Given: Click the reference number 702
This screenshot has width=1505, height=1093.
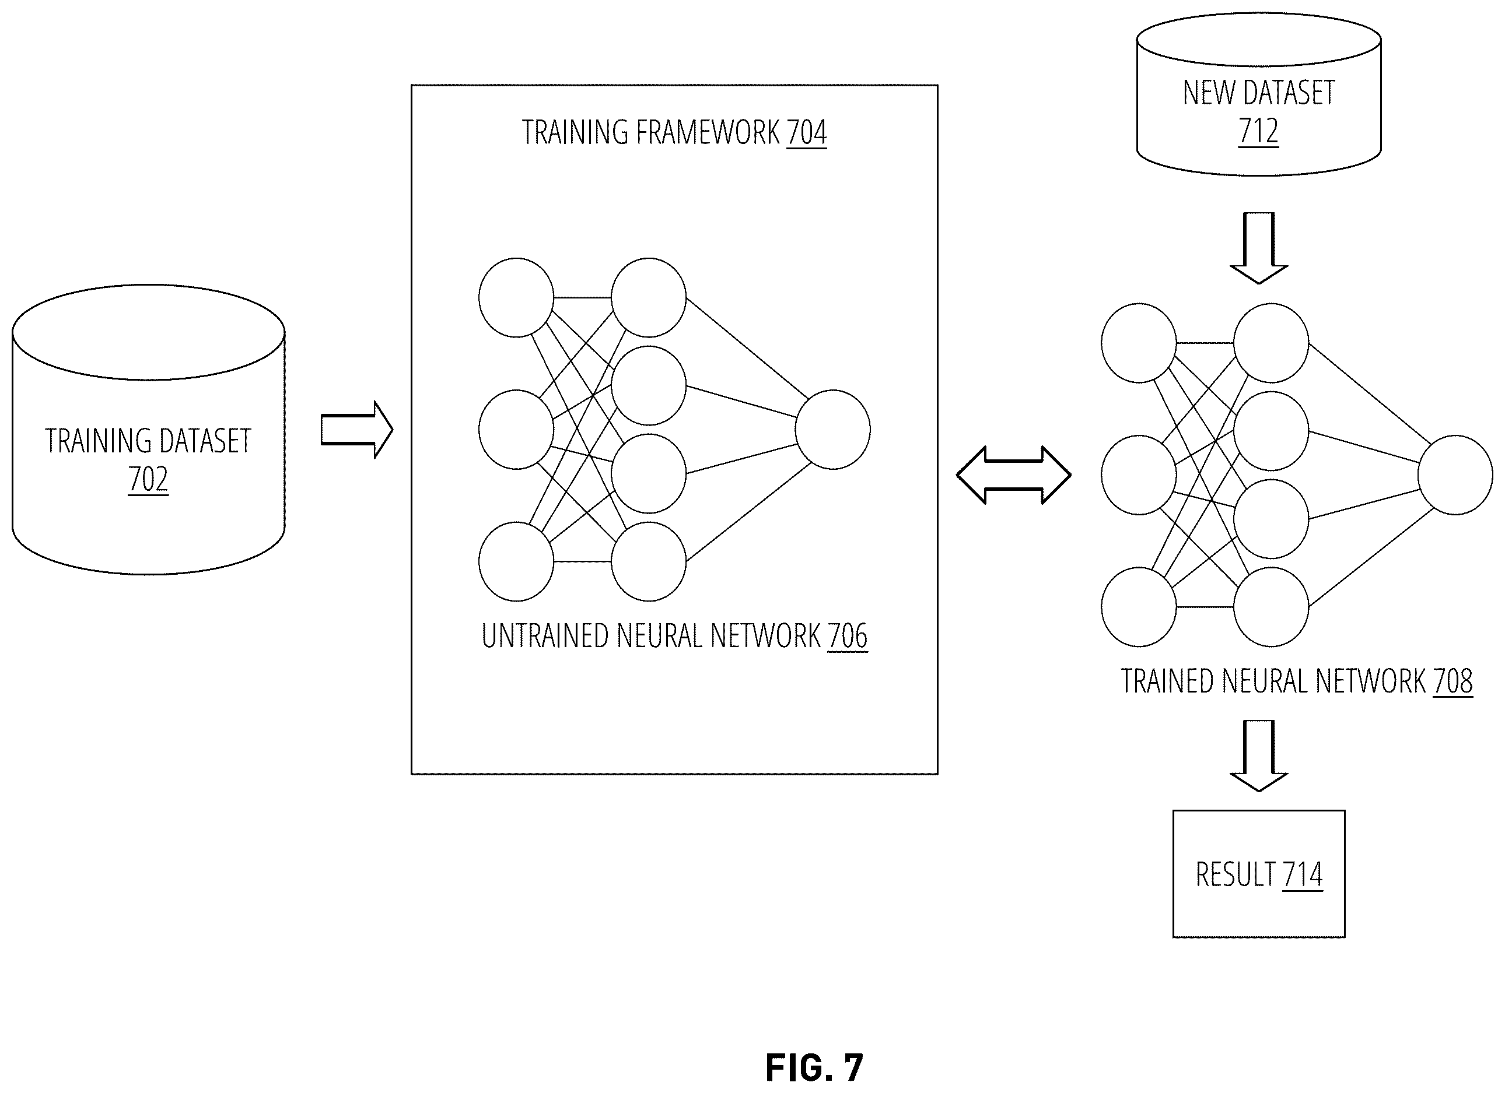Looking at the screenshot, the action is (148, 479).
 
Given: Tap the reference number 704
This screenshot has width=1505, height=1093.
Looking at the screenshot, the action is (806, 132).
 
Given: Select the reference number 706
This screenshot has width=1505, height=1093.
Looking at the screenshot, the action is (848, 635).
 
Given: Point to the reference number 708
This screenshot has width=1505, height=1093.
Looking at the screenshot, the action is (1452, 681).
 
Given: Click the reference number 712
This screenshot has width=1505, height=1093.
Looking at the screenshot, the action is (1258, 131).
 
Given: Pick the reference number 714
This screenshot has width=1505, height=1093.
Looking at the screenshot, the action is (1303, 874).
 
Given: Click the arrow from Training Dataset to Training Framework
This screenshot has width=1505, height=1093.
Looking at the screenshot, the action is (357, 430).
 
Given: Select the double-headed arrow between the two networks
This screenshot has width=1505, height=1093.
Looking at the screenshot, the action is (1013, 475).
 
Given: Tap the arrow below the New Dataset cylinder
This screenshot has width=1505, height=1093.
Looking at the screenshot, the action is (1259, 248).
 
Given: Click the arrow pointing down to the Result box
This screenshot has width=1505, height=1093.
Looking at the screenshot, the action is (1259, 755).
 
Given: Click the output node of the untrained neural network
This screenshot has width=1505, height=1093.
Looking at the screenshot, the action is (833, 430).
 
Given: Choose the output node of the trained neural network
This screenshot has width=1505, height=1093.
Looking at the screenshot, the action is (1455, 475).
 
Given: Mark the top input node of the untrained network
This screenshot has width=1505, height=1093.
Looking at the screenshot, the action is (516, 298).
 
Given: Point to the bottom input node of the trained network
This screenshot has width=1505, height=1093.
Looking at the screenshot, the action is (1139, 607).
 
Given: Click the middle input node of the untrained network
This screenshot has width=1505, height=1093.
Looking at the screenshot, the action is (516, 430).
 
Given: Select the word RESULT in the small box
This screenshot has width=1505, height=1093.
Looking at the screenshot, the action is (1235, 874).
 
